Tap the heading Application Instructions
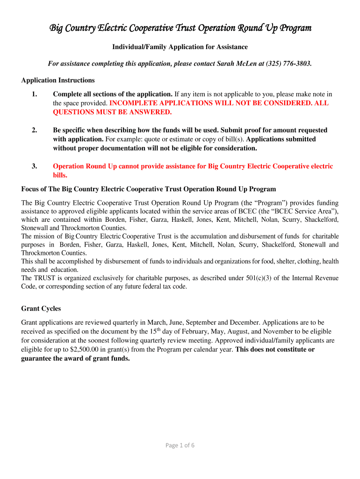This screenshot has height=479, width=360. point(58,80)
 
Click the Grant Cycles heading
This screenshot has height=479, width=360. point(41,309)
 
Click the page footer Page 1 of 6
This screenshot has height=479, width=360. point(180,445)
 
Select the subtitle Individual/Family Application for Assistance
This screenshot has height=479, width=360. point(180,47)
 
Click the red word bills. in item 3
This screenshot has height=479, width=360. point(60,175)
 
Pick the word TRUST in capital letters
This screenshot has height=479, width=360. point(43,278)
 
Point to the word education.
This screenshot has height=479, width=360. point(65,270)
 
